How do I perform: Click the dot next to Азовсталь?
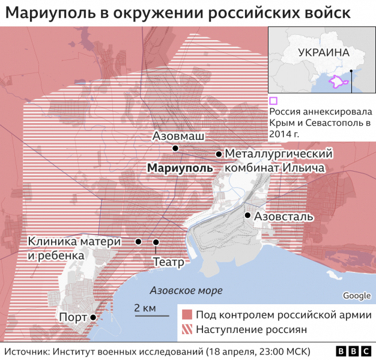[x=247, y=215]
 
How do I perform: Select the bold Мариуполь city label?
[x=180, y=169]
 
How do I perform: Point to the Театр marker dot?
[x=156, y=242]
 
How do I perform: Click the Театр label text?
[x=168, y=262]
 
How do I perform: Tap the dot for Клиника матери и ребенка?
[x=138, y=242]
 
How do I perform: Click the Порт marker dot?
[x=93, y=317]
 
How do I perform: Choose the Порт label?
[x=71, y=317]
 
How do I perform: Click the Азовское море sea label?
[x=186, y=290]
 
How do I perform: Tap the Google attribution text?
[x=356, y=295]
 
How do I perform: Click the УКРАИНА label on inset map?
[x=323, y=52]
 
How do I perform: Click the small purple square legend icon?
[x=273, y=101]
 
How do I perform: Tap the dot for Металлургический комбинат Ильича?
[x=219, y=154]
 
